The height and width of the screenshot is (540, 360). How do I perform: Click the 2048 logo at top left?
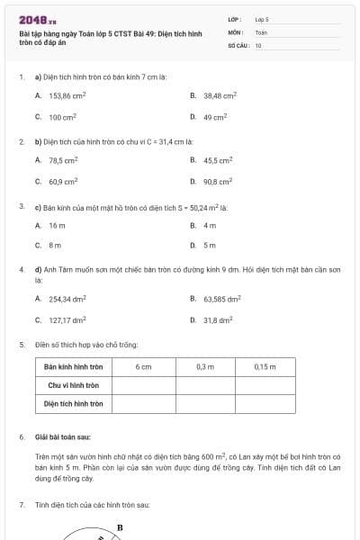pyautogui.click(x=37, y=20)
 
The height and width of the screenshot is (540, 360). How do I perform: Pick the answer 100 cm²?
pyautogui.click(x=61, y=116)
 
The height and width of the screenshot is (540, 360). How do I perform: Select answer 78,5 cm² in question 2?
pyautogui.click(x=63, y=159)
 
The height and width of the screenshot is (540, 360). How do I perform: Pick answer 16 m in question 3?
pyautogui.click(x=57, y=224)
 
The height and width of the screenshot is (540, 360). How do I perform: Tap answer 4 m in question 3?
pyautogui.click(x=210, y=224)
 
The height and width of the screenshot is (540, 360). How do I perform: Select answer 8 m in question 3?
pyautogui.click(x=55, y=244)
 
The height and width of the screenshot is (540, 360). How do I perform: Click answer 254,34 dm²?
pyautogui.click(x=67, y=298)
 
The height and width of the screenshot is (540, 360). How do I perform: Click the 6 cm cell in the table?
pyautogui.click(x=143, y=366)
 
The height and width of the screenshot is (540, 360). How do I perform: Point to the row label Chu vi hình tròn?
pyautogui.click(x=75, y=384)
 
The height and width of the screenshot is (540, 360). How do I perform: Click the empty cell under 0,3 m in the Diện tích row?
pyautogui.click(x=204, y=403)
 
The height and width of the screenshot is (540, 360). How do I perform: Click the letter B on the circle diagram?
pyautogui.click(x=120, y=527)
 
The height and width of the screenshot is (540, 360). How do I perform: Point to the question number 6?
pyautogui.click(x=22, y=436)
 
